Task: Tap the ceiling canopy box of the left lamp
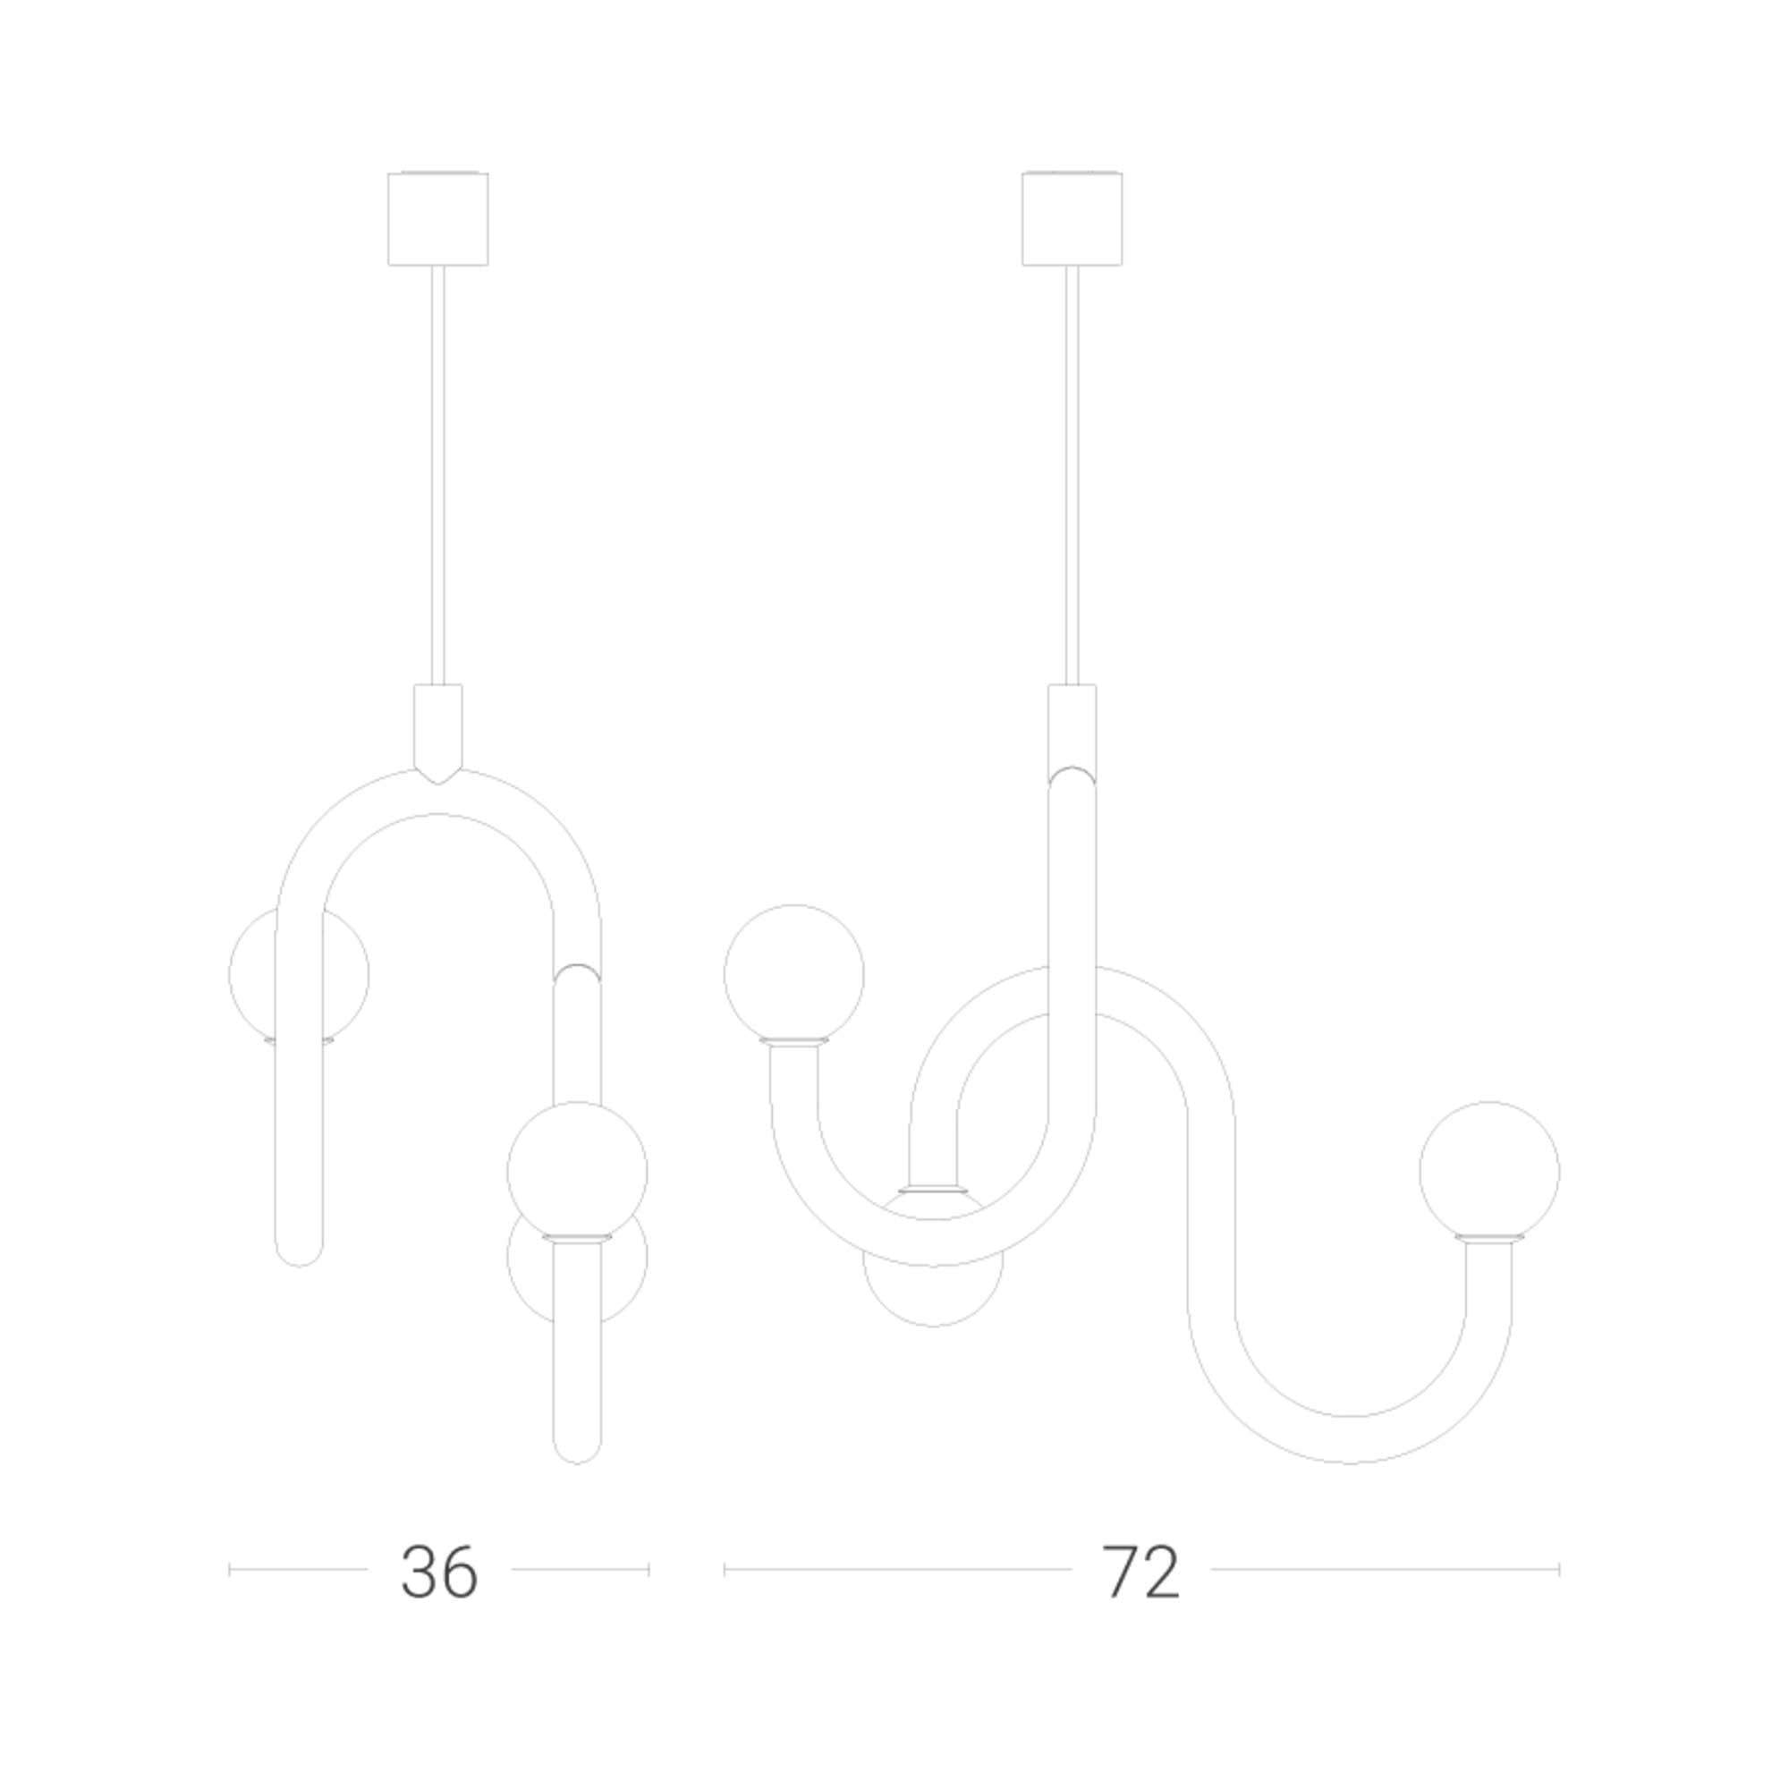click(438, 218)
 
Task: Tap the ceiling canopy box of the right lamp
click(1073, 218)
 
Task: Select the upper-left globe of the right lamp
click(793, 973)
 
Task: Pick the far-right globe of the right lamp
click(1489, 1172)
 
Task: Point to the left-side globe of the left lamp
click(298, 975)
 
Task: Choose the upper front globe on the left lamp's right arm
click(577, 1172)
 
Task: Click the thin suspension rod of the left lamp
click(438, 475)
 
